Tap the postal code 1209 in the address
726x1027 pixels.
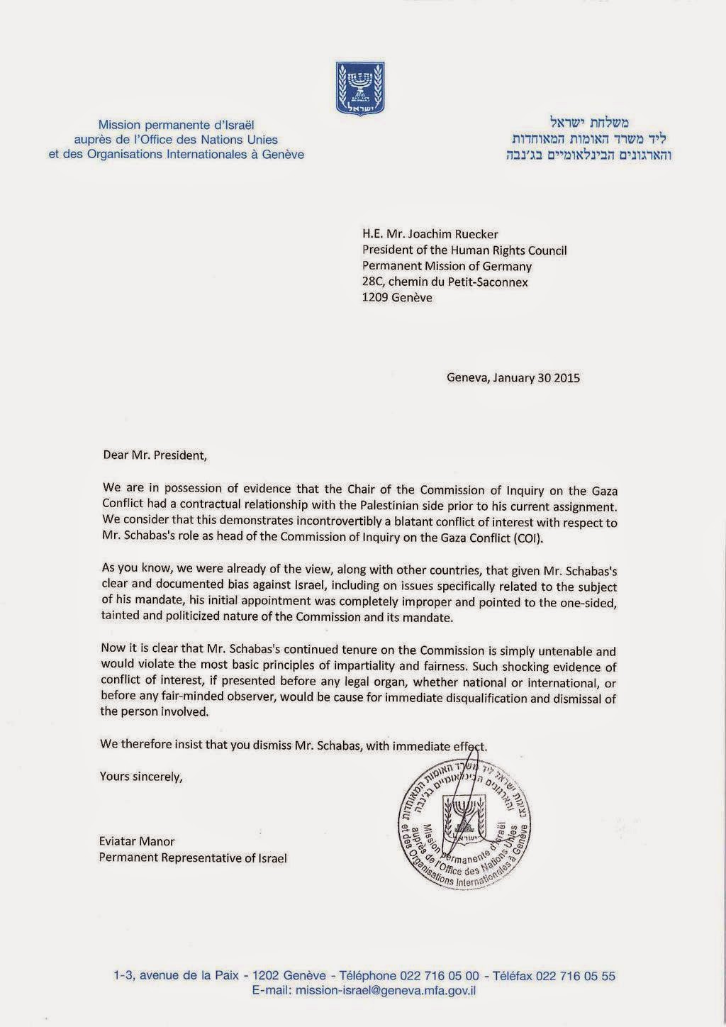[376, 297]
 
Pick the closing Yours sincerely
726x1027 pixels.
[141, 776]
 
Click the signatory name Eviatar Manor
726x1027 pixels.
[137, 841]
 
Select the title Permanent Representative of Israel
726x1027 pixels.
[193, 858]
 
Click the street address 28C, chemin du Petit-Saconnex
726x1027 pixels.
[445, 282]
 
